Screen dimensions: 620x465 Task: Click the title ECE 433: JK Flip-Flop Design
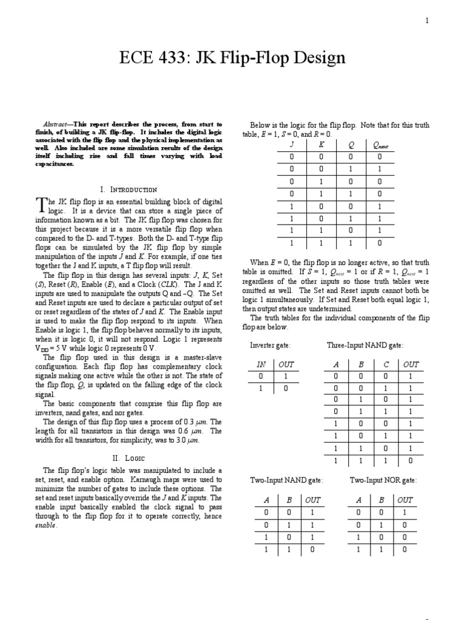(232, 58)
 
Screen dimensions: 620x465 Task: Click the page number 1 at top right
(427, 21)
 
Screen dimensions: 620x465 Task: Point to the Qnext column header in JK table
(387, 145)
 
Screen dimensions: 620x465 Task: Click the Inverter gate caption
(271, 345)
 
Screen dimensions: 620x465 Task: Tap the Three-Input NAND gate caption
(365, 345)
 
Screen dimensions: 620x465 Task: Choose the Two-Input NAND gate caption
(286, 480)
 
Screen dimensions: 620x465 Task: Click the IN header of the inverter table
(262, 364)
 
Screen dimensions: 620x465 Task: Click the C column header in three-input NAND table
(386, 364)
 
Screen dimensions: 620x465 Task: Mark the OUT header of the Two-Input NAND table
(313, 500)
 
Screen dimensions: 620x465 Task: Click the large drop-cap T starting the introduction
(41, 205)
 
